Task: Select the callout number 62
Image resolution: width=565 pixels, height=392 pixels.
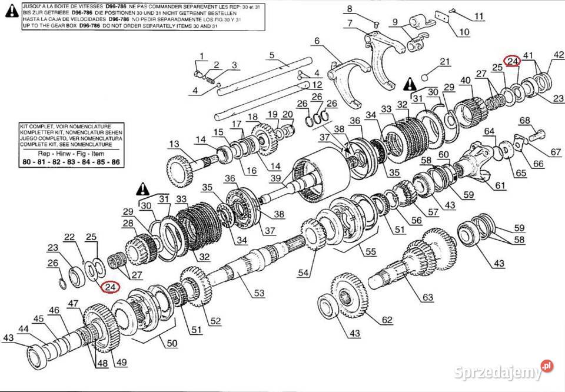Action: pyautogui.click(x=386, y=320)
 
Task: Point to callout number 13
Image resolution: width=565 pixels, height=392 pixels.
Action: pyautogui.click(x=174, y=144)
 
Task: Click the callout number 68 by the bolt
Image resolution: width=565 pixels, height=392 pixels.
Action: pyautogui.click(x=524, y=121)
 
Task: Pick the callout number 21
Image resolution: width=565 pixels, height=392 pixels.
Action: pyautogui.click(x=444, y=62)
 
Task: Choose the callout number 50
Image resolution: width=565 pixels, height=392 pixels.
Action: pyautogui.click(x=172, y=343)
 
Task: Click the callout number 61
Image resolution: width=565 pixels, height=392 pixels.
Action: pyautogui.click(x=500, y=186)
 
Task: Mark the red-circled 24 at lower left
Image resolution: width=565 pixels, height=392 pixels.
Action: pyautogui.click(x=109, y=287)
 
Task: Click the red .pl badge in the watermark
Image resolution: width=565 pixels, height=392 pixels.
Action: pyautogui.click(x=547, y=366)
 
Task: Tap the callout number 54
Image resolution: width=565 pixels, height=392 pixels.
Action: pyautogui.click(x=303, y=273)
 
